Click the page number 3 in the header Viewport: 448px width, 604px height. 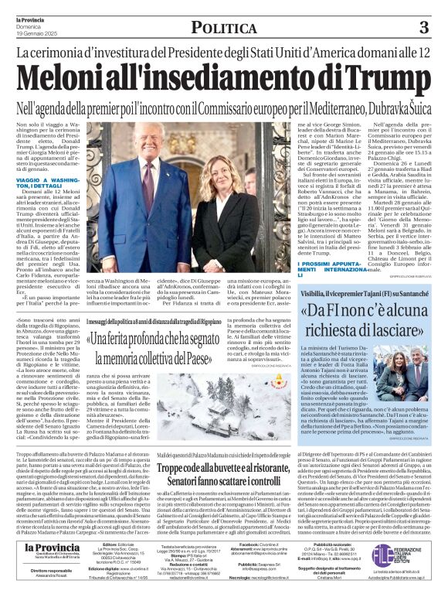(x=423, y=28)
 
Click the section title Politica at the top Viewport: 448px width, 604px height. (x=224, y=28)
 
